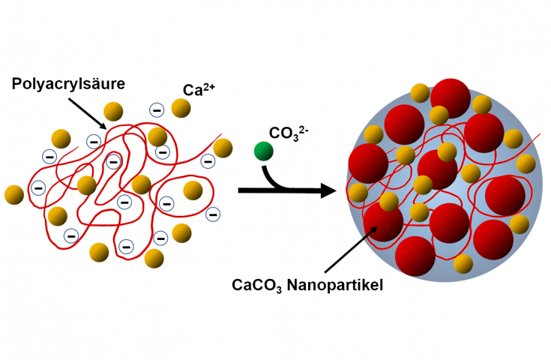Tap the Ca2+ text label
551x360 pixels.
click(x=197, y=90)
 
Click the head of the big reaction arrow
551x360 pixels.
click(x=327, y=191)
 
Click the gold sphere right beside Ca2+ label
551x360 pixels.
click(x=181, y=109)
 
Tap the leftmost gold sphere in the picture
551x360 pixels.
click(x=14, y=194)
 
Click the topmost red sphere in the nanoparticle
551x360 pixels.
click(x=451, y=97)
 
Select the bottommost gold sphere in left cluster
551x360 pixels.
click(x=154, y=258)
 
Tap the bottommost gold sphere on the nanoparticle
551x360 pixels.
click(x=463, y=263)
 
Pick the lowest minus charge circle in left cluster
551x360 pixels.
click(x=127, y=245)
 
